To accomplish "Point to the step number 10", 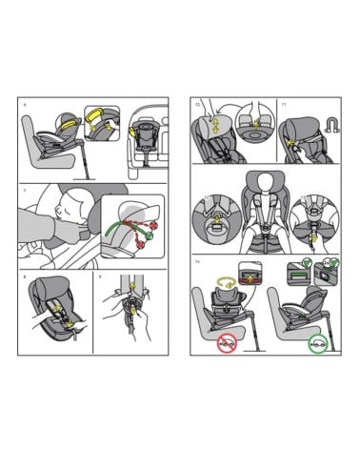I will pyautogui.click(x=196, y=103).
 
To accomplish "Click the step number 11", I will pyautogui.click(x=284, y=103).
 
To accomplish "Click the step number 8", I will pyautogui.click(x=25, y=277).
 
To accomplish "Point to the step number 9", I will pyautogui.click(x=100, y=277).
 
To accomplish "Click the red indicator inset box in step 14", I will pyautogui.click(x=251, y=273).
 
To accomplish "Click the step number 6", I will pyautogui.click(x=25, y=103).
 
